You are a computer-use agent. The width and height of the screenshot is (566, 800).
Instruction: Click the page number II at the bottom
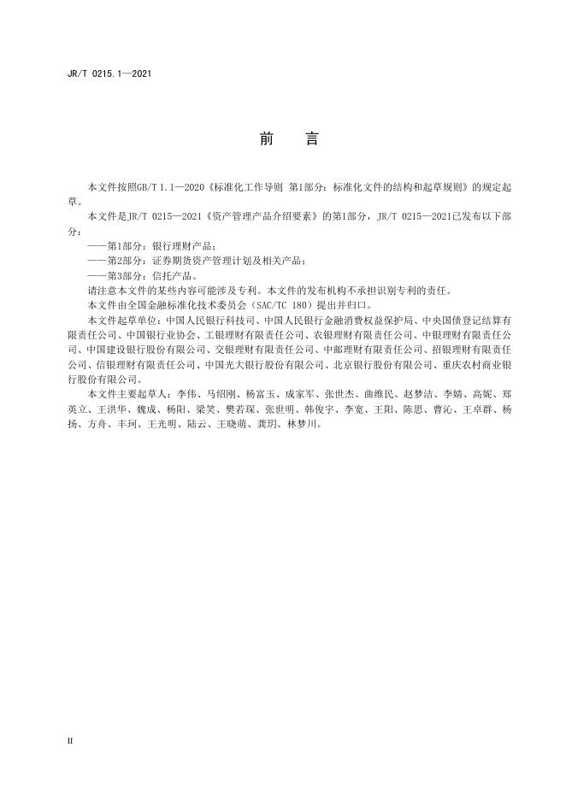pyautogui.click(x=70, y=740)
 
